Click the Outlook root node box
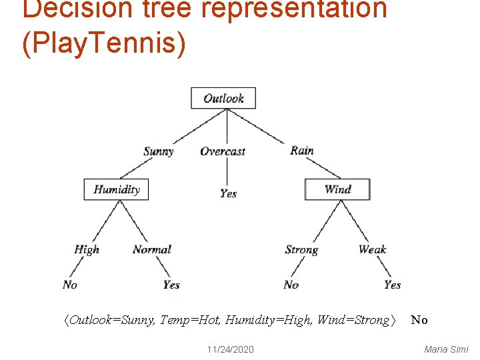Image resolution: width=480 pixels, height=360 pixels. tap(223, 99)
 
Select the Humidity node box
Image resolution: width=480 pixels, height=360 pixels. tap(117, 189)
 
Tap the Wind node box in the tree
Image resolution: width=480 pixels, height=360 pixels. tap(337, 189)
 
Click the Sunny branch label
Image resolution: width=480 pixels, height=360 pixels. tap(159, 151)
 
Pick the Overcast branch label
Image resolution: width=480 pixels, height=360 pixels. tap(223, 151)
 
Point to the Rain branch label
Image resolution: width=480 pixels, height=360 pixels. tap(302, 151)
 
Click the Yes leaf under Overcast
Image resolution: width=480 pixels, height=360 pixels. tap(229, 193)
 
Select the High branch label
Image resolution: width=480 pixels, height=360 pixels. tap(87, 249)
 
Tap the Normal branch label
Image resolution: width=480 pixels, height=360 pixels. tap(152, 249)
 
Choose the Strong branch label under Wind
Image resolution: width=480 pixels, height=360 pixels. tap(301, 250)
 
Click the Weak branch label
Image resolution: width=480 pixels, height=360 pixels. tap(373, 249)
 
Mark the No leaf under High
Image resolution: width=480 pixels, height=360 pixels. tap(70, 285)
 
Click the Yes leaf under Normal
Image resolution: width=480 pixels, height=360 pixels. tap(171, 285)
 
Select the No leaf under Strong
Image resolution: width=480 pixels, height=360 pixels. tap(291, 285)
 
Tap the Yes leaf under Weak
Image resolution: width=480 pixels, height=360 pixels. tap(393, 285)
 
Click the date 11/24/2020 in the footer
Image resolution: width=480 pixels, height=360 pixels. tap(230, 349)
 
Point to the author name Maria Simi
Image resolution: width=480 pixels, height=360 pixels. tap(446, 349)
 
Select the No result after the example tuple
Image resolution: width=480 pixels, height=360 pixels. tap(419, 321)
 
